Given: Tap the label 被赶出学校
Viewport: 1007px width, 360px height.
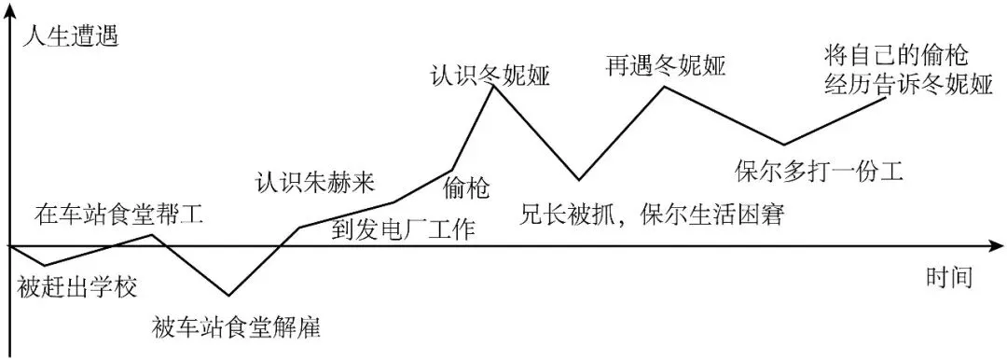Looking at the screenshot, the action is pyautogui.click(x=77, y=286).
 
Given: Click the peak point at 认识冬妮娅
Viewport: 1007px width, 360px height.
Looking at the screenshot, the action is pyautogui.click(x=491, y=87).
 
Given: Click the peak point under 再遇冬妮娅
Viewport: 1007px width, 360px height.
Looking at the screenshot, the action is pyautogui.click(x=665, y=87).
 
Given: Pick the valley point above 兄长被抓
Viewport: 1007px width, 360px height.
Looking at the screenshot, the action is pyautogui.click(x=579, y=179).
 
